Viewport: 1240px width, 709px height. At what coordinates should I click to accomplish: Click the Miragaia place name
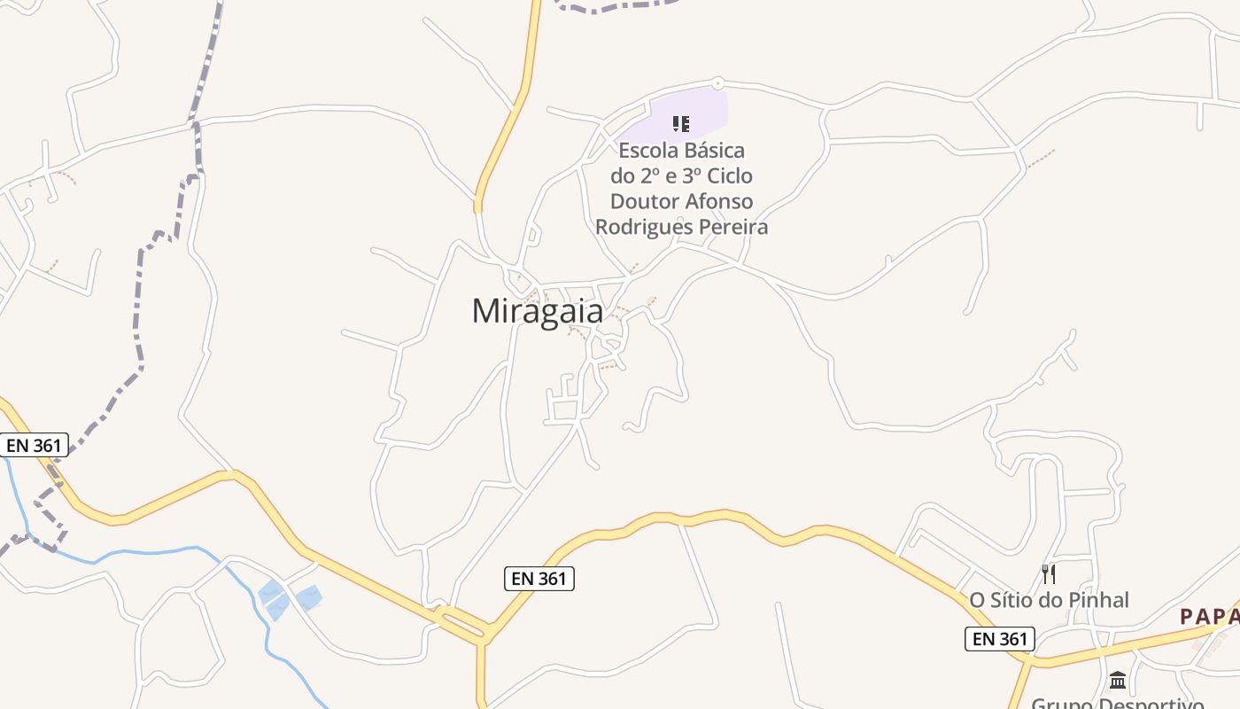click(538, 311)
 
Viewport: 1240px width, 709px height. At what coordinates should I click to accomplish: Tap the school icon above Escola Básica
click(681, 123)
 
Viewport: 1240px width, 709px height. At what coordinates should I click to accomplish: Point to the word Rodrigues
click(644, 227)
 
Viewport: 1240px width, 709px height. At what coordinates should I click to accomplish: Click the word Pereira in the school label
click(733, 227)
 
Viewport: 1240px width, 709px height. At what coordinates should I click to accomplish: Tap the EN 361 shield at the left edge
click(35, 445)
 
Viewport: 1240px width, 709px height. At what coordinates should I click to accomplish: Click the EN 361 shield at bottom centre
click(539, 579)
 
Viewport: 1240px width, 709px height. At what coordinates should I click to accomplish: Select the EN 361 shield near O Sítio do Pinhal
click(1000, 638)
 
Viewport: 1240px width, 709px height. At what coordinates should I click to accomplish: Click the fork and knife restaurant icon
click(1049, 573)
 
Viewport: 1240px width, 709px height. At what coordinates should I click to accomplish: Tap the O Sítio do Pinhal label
click(1049, 600)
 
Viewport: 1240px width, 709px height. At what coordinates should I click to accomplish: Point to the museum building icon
click(1118, 680)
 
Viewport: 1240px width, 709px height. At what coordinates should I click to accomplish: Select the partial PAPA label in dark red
click(1208, 617)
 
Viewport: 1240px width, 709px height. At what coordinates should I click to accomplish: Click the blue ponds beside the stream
click(289, 597)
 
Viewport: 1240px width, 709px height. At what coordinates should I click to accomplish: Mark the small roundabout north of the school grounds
click(717, 83)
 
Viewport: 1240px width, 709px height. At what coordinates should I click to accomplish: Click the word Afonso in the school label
click(719, 201)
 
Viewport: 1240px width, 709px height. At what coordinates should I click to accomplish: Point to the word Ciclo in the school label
click(727, 175)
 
